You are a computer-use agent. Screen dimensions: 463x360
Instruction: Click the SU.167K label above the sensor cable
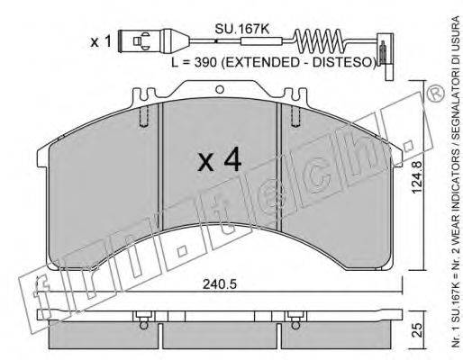[x=241, y=29]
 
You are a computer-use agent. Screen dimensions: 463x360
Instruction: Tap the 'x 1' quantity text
[x=101, y=41]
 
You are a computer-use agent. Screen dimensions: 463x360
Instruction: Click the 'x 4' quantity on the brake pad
[x=220, y=159]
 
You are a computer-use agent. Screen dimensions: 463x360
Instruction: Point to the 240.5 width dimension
[x=220, y=284]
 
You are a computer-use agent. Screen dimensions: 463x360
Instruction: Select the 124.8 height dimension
[x=417, y=177]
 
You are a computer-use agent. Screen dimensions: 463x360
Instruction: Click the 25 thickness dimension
[x=418, y=330]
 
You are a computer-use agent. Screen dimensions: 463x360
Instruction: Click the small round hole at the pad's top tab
[x=220, y=89]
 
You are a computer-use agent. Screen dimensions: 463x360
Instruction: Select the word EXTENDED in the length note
[x=260, y=62]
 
